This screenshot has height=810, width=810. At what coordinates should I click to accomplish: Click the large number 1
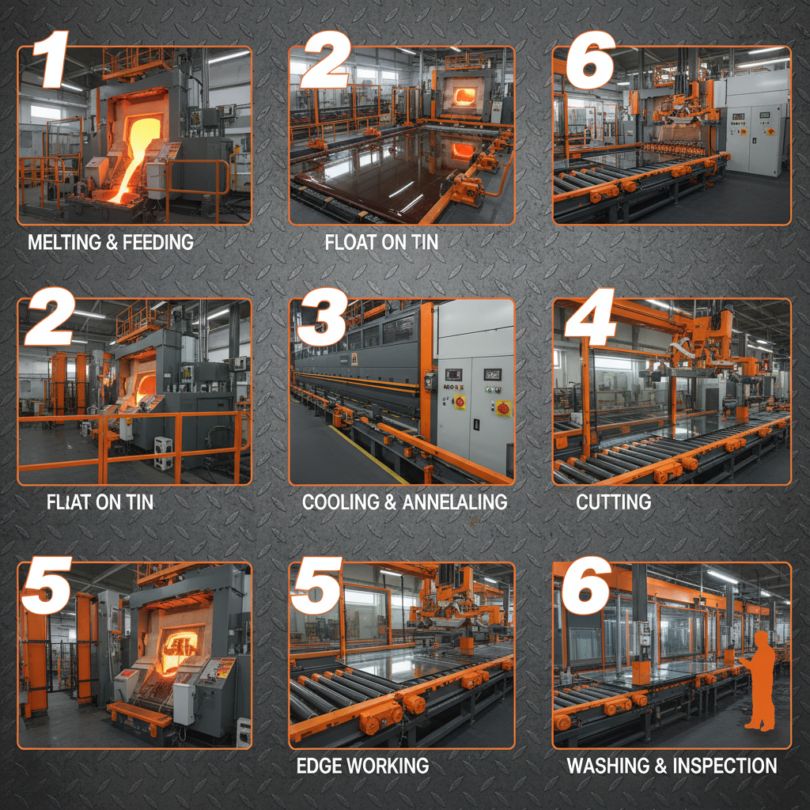point(51,59)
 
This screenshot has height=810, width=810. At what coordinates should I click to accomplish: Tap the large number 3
point(321,316)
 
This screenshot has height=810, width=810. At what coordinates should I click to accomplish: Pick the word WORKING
point(388,766)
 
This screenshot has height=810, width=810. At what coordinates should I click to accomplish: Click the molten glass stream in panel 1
point(132,155)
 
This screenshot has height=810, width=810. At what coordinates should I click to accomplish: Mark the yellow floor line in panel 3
point(368,454)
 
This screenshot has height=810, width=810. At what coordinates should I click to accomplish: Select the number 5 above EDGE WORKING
point(316,585)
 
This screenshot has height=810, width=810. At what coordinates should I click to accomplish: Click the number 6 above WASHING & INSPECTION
point(587,585)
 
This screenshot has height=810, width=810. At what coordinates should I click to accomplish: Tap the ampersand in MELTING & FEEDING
point(111,243)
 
